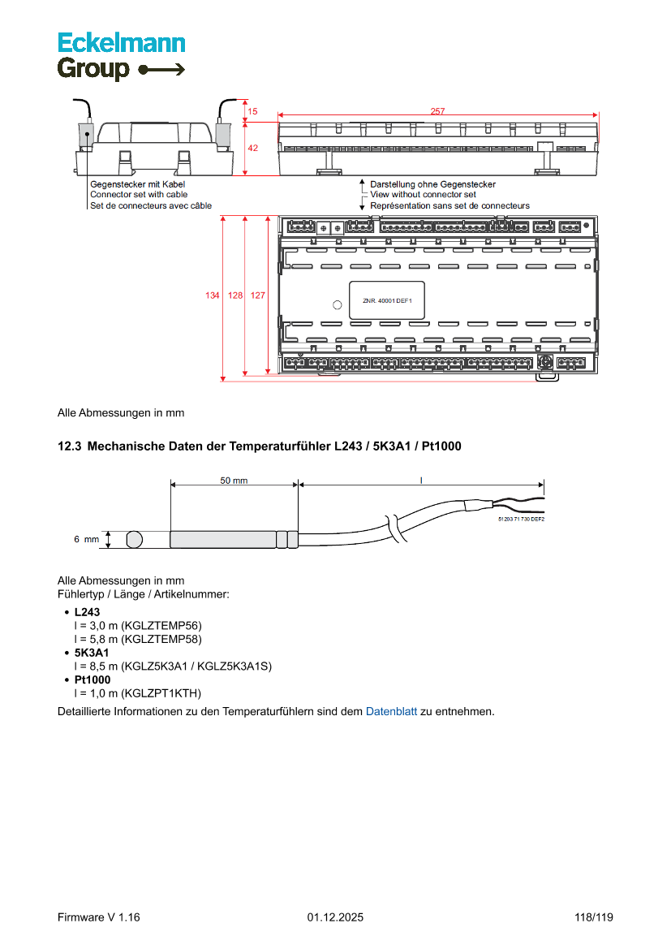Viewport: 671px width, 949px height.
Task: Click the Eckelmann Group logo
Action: pyautogui.click(x=121, y=56)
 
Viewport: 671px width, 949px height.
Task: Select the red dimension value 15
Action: pyautogui.click(x=252, y=111)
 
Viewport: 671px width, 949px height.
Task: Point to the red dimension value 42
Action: pyautogui.click(x=253, y=149)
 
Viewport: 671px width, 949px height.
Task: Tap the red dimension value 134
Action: pyautogui.click(x=212, y=296)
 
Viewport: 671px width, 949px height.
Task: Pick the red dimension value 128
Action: pyautogui.click(x=234, y=296)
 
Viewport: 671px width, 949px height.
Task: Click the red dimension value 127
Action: pyautogui.click(x=257, y=296)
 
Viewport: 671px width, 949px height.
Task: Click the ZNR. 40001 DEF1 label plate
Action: pyautogui.click(x=386, y=301)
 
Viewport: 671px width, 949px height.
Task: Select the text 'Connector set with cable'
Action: pyautogui.click(x=139, y=195)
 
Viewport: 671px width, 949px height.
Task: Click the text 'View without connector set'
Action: pyautogui.click(x=423, y=195)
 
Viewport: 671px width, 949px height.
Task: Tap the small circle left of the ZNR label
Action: pyautogui.click(x=337, y=305)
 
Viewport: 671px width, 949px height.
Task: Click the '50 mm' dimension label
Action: pyautogui.click(x=234, y=481)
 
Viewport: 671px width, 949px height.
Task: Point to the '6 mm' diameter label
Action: pyautogui.click(x=86, y=539)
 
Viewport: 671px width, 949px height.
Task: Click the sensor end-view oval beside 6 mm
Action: pyautogui.click(x=135, y=539)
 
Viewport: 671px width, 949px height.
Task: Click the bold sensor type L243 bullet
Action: pyautogui.click(x=87, y=612)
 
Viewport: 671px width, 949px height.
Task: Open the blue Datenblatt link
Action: pyautogui.click(x=391, y=712)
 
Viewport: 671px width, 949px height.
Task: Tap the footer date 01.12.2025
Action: pyautogui.click(x=335, y=917)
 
